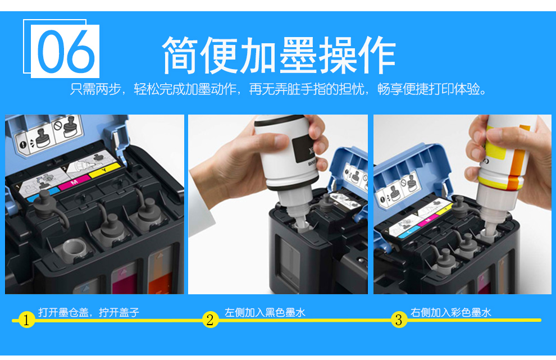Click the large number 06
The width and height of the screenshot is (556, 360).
point(66,50)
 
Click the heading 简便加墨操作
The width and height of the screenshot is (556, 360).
point(279,54)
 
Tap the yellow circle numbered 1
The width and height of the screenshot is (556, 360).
point(26,320)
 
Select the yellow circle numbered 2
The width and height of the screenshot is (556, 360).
point(210,320)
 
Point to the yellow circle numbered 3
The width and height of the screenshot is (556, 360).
point(399,320)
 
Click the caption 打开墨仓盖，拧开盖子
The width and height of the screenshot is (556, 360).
point(89,312)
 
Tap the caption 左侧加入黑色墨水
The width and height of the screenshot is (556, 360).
point(265,312)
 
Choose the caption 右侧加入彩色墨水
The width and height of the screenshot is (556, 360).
point(450,312)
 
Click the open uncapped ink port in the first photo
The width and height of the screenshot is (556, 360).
point(74,248)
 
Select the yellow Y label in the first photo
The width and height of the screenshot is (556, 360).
point(104,171)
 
